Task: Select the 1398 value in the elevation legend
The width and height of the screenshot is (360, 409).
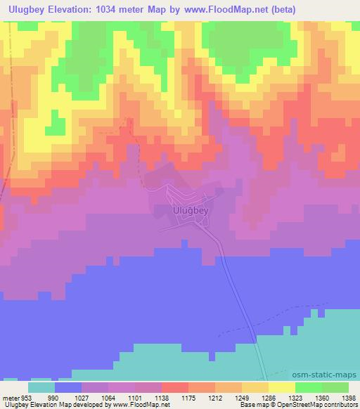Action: [x=349, y=398]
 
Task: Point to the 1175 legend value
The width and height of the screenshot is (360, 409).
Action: [x=188, y=398]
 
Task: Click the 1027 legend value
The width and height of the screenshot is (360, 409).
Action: [x=82, y=398]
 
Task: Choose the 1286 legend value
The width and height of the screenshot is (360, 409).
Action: [x=269, y=398]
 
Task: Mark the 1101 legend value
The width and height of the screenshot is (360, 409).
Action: [x=135, y=398]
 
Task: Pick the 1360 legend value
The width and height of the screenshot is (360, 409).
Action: [x=322, y=398]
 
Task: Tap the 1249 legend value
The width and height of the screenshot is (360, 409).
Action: [x=242, y=398]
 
